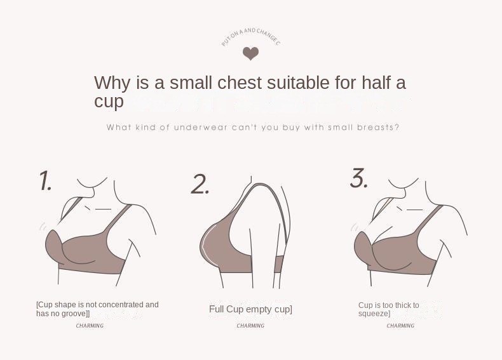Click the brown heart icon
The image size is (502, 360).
click(250, 53)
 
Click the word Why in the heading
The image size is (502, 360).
click(112, 83)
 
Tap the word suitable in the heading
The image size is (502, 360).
click(298, 83)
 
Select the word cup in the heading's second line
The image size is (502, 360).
click(109, 102)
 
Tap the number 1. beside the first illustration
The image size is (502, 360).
click(46, 180)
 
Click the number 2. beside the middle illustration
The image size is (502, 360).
click(200, 184)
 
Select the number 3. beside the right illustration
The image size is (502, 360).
click(359, 178)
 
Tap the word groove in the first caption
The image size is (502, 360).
click(74, 314)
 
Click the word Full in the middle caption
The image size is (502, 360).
click(217, 309)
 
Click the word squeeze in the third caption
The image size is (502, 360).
click(373, 314)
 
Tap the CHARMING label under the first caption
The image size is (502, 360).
click(90, 326)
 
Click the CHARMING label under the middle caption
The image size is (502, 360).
click(250, 326)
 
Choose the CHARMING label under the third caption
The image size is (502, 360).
click(400, 326)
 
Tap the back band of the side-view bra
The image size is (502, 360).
click(279, 264)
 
